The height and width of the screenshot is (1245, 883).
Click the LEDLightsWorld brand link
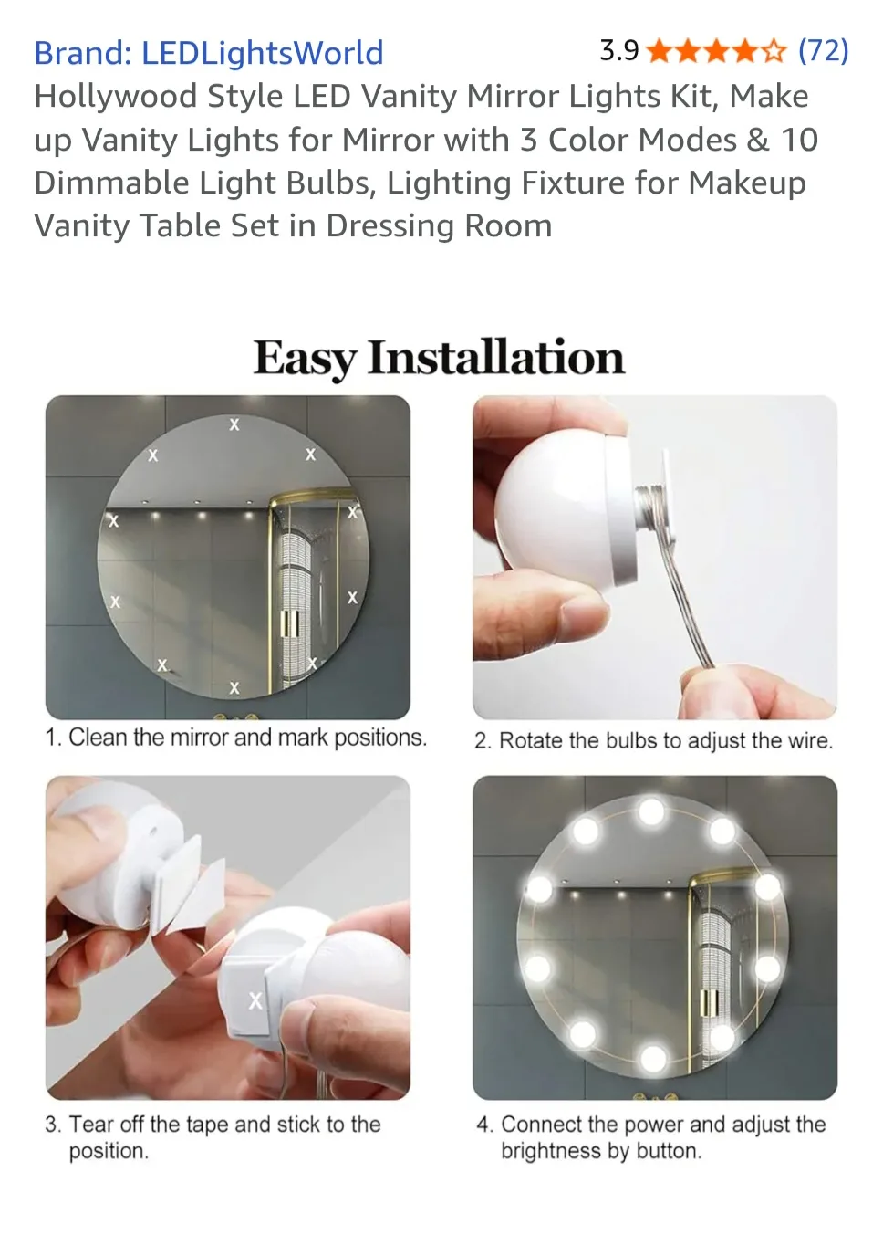point(208,53)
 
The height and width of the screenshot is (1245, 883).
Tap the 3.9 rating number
point(618,50)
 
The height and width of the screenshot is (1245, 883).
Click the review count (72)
point(823,50)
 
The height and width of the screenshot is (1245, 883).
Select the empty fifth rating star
point(774,51)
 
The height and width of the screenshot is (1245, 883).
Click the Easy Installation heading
point(439,357)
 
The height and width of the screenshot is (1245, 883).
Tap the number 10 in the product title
point(799,140)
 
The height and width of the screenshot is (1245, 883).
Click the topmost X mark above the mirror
point(234,424)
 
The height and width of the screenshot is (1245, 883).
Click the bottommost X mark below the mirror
point(234,688)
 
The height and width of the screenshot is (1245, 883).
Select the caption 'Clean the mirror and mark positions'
point(236,738)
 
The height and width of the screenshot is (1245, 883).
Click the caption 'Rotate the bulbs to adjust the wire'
point(653,740)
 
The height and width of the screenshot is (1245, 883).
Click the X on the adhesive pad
point(255,1000)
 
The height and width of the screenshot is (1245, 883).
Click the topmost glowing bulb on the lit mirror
point(651,810)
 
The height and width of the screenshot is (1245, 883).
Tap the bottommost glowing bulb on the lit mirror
point(653,1059)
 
